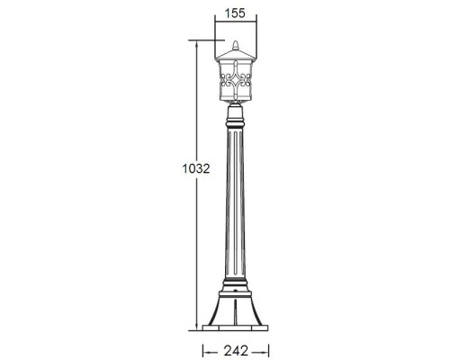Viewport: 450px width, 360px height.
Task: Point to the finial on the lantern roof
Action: (236, 42)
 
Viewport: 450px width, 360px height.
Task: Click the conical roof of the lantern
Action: (236, 53)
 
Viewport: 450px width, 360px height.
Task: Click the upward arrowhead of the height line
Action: (196, 42)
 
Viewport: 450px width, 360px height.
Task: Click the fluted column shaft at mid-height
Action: (236, 198)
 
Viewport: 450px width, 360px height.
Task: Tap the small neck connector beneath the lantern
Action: (236, 114)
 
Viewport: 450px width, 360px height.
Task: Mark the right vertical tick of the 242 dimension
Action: (270, 346)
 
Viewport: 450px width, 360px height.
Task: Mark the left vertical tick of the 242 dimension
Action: (202, 346)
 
